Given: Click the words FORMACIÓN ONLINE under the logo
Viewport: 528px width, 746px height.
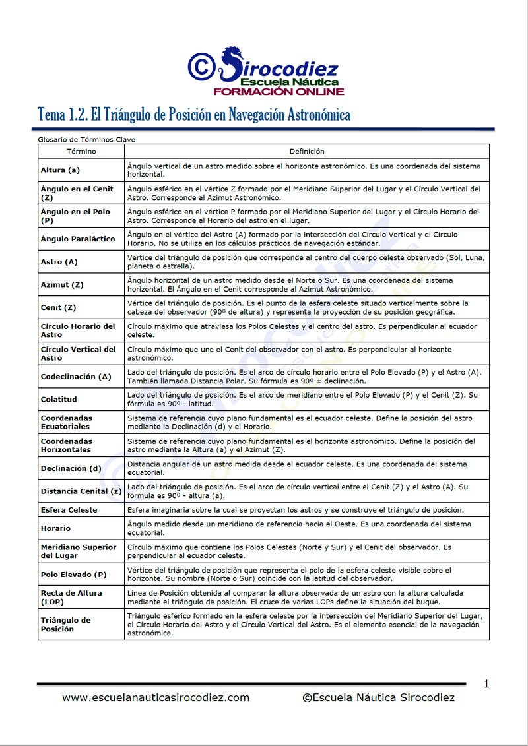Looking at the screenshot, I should pos(278,91).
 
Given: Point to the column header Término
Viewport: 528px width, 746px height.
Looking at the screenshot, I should pos(81,152).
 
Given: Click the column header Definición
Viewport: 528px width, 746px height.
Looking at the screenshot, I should pos(307,152).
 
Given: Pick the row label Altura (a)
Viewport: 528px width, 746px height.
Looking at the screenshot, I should pos(60,170).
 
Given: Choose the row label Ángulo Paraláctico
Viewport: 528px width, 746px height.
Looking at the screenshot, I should pos(78,239).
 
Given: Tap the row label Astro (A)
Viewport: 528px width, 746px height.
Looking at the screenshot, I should pos(59,262).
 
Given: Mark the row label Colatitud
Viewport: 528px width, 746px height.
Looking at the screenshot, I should pos(59,399).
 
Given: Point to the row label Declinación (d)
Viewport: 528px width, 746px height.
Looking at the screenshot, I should pos(71,468).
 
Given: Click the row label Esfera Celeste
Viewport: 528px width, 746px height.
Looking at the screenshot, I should pos(69,510).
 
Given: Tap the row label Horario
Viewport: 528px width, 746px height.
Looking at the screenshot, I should pos(55,528).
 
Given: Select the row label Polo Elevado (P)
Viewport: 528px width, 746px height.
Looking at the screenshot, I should pos(73,575).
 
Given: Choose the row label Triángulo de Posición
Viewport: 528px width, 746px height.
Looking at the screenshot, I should pos(66,625).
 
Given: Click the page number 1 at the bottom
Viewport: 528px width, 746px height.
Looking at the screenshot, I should pos(486,684).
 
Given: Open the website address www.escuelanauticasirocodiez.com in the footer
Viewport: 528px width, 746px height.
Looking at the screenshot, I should pos(156,697).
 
